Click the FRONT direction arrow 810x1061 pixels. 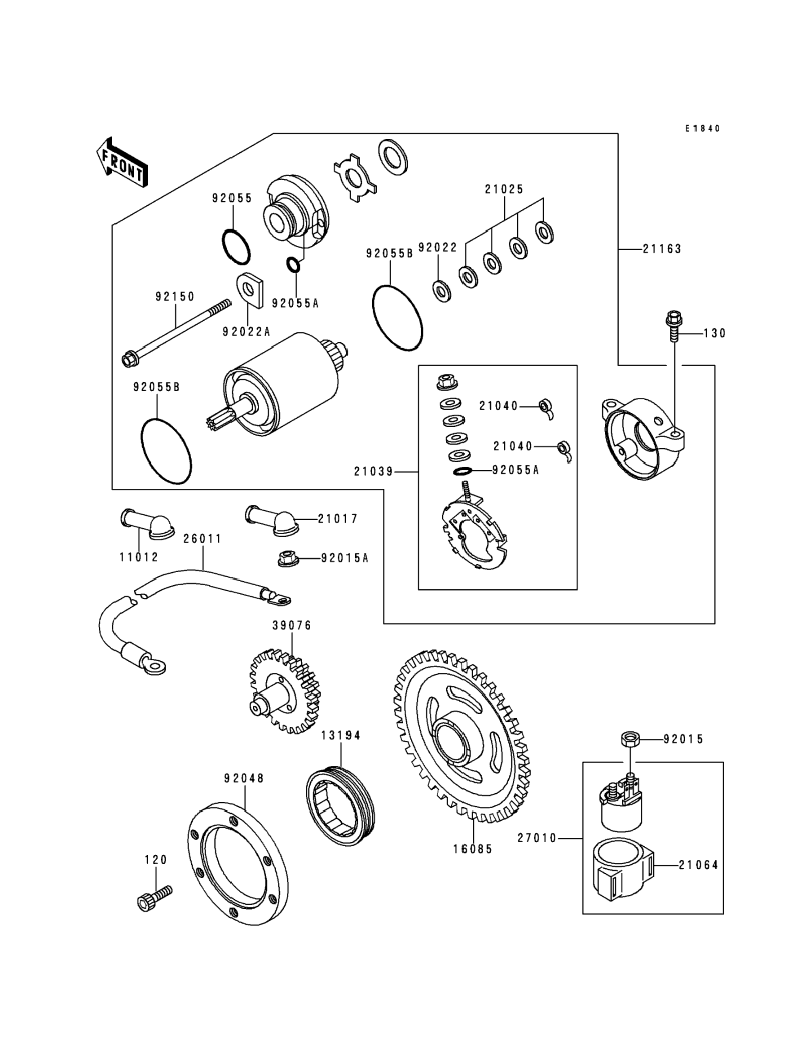click(x=122, y=163)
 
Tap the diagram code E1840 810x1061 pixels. click(x=703, y=128)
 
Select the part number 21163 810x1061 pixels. click(x=661, y=249)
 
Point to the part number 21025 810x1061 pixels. click(x=504, y=189)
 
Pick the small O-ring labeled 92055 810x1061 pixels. click(x=236, y=247)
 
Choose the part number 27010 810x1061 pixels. click(x=537, y=839)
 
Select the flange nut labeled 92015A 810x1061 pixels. click(x=288, y=558)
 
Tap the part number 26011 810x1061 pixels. click(x=202, y=539)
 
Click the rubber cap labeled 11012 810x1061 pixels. click(x=147, y=524)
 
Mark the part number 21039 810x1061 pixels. click(x=374, y=472)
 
